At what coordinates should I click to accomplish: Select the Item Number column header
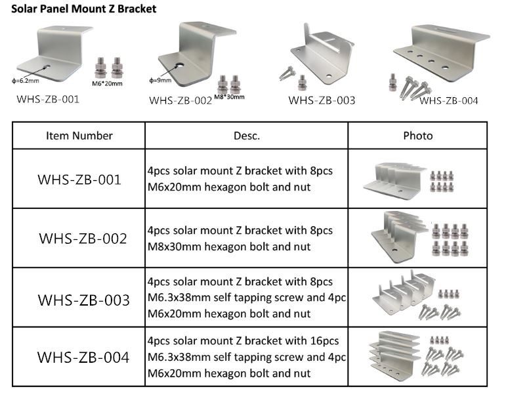79,136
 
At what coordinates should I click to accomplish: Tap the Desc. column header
247,136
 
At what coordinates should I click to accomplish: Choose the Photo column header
417,136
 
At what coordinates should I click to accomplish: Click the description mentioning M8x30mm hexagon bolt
240,239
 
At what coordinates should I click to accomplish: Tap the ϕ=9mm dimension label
160,80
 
